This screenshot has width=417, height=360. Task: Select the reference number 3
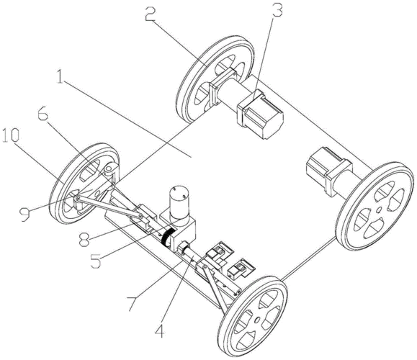click(x=277, y=9)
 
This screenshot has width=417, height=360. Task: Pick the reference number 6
click(x=42, y=114)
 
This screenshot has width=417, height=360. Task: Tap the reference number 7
click(x=133, y=304)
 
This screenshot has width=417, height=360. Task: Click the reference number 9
click(x=24, y=214)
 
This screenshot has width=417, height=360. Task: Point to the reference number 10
click(x=11, y=135)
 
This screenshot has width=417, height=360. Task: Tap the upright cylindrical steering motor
click(x=177, y=202)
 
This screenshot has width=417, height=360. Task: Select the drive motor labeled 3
click(x=260, y=114)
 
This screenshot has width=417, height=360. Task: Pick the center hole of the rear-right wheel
click(x=378, y=210)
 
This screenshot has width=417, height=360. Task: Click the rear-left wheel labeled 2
click(x=215, y=79)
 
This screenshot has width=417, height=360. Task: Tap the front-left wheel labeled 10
click(x=84, y=184)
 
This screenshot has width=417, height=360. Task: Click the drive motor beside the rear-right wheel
click(x=329, y=170)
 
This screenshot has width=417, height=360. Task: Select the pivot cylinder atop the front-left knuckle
click(x=108, y=171)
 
